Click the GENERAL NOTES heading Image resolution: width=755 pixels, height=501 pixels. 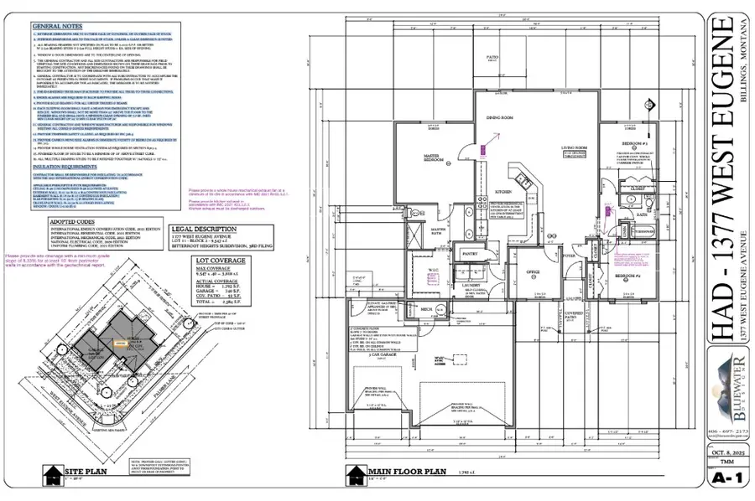pyautogui.click(x=56, y=27)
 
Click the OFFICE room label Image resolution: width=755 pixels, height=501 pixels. pyautogui.click(x=530, y=271)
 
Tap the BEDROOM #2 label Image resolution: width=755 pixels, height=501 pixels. pyautogui.click(x=627, y=275)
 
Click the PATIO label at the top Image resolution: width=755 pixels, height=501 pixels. pyautogui.click(x=515, y=59)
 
